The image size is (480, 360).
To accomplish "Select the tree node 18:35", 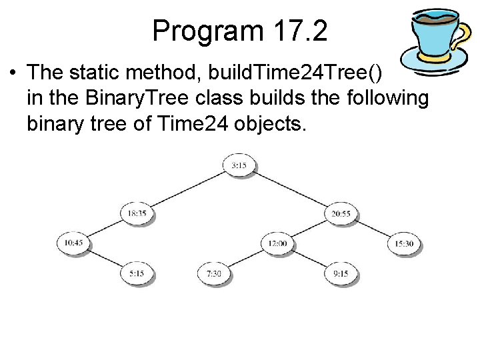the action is click(137, 213).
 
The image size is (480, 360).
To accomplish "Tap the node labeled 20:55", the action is click(341, 213).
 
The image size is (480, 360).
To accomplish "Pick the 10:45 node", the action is click(74, 243).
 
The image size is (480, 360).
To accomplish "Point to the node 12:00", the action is click(277, 243).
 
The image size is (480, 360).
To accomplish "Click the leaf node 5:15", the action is click(137, 273).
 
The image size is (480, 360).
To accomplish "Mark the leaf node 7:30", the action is click(214, 273).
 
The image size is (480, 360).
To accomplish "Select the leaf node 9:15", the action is click(341, 273).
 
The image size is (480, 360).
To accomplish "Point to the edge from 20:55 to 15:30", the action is click(373, 229).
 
